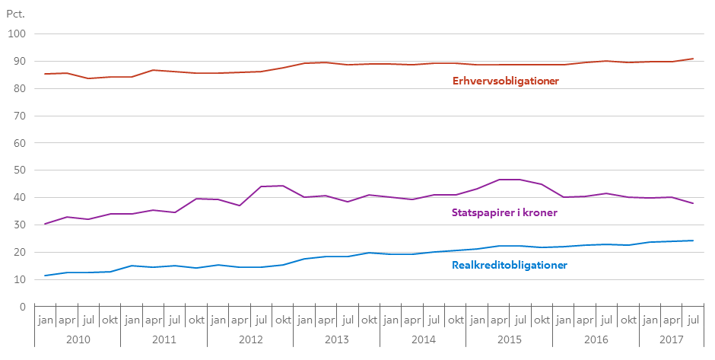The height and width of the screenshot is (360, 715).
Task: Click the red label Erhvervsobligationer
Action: point(506,81)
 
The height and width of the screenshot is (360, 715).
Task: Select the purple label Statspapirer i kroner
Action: point(504,212)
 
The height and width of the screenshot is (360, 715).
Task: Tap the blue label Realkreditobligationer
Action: point(509,265)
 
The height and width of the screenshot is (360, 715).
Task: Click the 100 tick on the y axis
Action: point(17,34)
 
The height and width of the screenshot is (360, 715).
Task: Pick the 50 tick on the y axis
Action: point(19,170)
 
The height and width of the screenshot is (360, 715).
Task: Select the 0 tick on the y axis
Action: point(23,307)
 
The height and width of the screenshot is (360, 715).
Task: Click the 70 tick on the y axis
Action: point(19,116)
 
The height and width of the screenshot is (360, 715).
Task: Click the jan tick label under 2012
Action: point(218,320)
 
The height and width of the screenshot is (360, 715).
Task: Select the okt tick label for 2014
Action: point(456,320)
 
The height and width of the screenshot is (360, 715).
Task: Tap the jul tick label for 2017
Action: point(692,320)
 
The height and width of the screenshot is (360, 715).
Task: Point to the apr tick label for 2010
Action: point(68,320)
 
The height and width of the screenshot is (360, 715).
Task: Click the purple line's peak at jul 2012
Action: point(262,186)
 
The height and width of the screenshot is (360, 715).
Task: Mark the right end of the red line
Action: point(692,59)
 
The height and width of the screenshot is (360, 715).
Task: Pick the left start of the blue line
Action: point(46,276)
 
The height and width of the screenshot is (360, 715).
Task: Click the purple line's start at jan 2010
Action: point(46,224)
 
